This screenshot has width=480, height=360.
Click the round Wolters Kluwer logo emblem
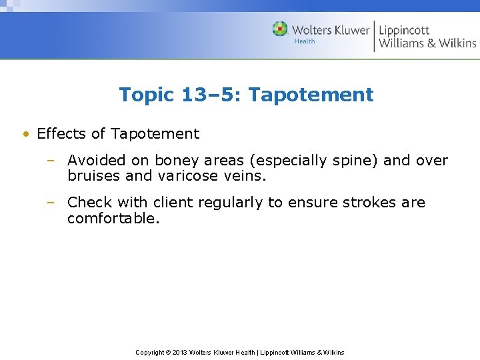pos(280,29)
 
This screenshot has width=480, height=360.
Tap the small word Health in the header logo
pos(304,41)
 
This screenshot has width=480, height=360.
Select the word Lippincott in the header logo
pos(404,29)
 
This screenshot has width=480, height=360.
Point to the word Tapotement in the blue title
pos(311,95)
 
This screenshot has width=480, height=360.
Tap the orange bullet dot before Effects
pos(25,134)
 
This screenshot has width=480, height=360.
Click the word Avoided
pos(96,161)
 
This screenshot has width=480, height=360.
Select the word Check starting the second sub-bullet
pos(88,203)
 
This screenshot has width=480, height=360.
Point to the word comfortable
pos(113,218)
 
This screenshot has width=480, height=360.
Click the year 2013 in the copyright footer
pos(179,352)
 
